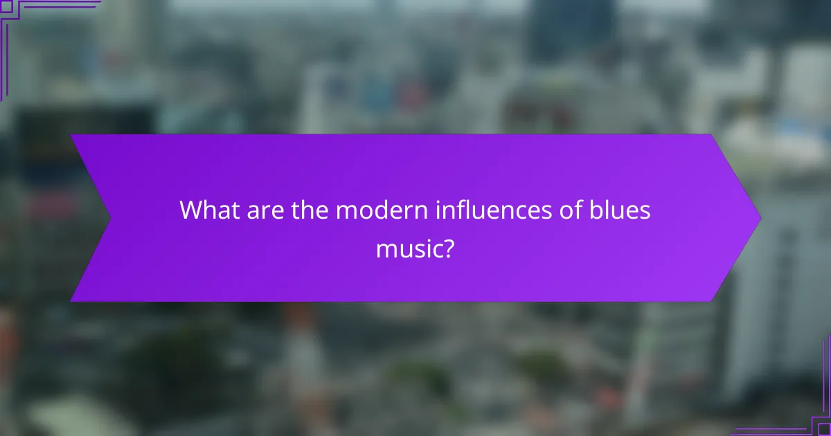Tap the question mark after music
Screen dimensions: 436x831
click(x=448, y=247)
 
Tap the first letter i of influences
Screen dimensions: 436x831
click(x=437, y=210)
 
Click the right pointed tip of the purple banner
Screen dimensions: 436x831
click(x=760, y=218)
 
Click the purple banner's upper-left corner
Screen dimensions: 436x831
click(x=71, y=135)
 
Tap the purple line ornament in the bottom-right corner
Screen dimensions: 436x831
click(x=803, y=415)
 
